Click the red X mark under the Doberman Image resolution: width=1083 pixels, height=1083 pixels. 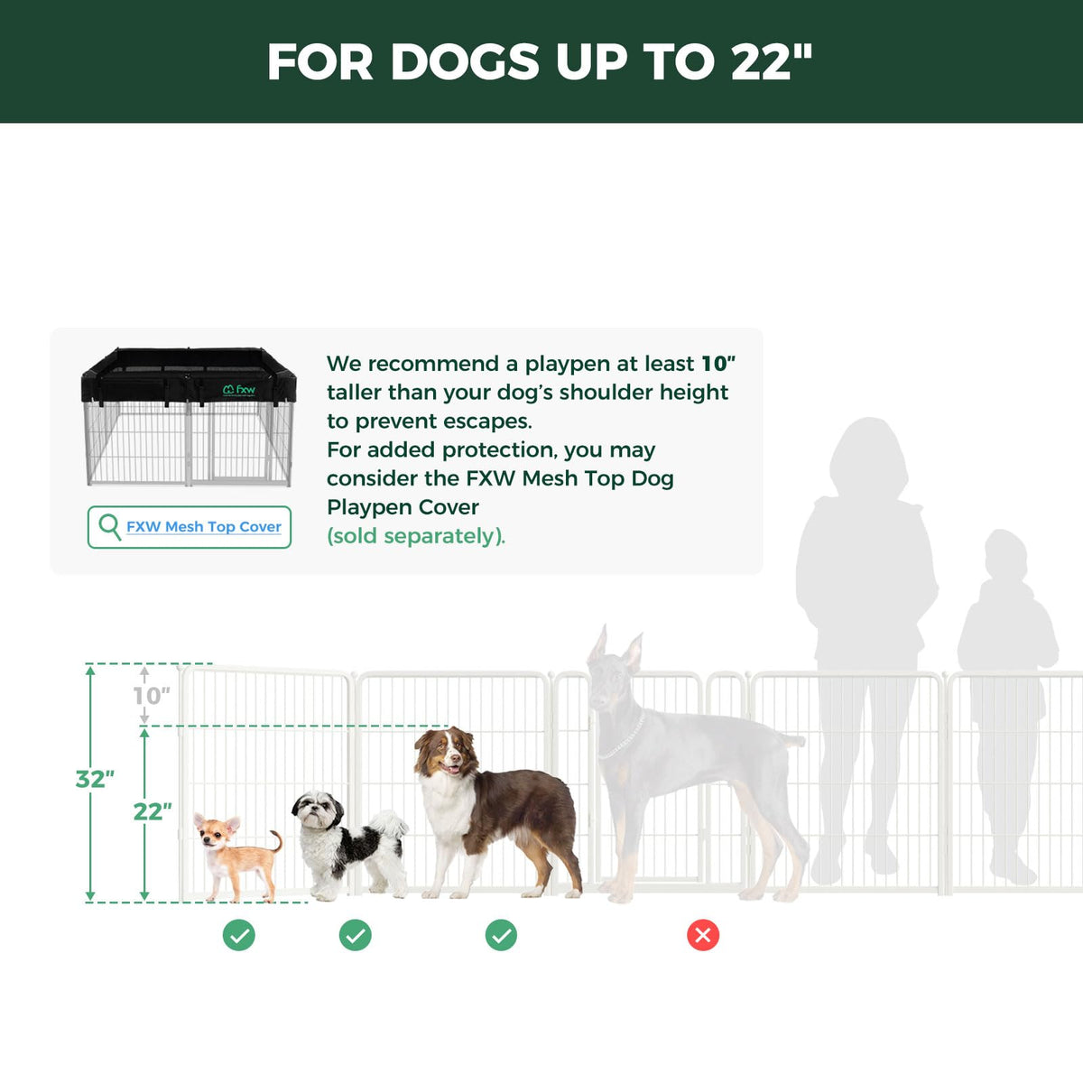click(x=702, y=935)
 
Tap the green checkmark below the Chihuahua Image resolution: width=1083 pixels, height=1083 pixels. click(x=239, y=935)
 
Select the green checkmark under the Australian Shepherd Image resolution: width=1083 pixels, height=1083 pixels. click(x=501, y=935)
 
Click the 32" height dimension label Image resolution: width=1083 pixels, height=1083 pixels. click(x=95, y=780)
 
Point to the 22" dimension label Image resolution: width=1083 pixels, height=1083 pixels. click(x=153, y=811)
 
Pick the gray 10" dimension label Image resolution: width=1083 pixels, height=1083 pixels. click(x=152, y=696)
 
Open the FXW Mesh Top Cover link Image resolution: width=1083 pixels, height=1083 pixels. click(x=203, y=526)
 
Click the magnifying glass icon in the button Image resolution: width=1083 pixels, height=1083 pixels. click(x=109, y=527)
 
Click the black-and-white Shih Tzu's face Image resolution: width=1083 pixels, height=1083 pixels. click(x=318, y=810)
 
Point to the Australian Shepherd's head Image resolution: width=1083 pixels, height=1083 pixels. click(x=447, y=753)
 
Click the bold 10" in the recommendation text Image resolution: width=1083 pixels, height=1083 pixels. click(x=718, y=364)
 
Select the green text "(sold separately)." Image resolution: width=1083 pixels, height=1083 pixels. click(x=416, y=536)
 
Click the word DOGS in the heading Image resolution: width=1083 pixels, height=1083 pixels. click(x=465, y=61)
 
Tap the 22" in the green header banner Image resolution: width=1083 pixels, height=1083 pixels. click(x=772, y=61)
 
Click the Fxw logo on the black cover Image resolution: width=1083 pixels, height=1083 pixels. click(x=239, y=390)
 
